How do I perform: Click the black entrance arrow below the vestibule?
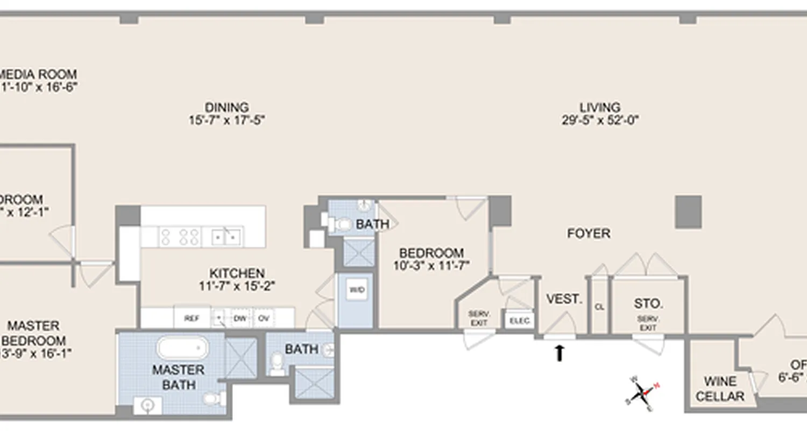560,353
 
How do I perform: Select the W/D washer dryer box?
356,290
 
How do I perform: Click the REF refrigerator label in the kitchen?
192,318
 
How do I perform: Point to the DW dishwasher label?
239,318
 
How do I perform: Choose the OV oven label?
264,318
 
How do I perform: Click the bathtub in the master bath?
182,348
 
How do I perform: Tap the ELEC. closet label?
520,321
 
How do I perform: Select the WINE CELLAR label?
720,389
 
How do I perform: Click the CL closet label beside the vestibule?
599,307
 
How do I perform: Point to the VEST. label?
564,299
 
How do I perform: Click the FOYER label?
589,233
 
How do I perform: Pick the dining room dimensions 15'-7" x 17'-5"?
226,120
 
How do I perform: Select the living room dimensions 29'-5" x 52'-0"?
599,120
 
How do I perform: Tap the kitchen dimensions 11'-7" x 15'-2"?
237,286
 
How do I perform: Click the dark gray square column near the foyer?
688,211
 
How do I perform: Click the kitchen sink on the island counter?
226,235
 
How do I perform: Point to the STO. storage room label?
648,303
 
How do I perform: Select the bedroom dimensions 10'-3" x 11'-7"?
431,265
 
